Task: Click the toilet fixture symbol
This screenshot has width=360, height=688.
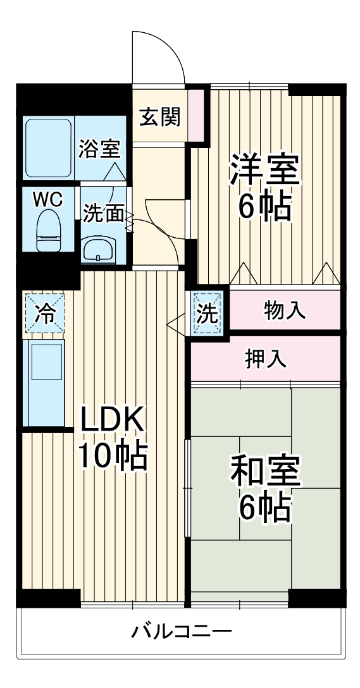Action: [x=48, y=231]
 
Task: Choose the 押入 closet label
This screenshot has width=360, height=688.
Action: [x=266, y=359]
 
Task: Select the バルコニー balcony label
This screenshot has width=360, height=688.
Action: [x=182, y=631]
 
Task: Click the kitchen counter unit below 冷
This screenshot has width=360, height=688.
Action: [x=44, y=383]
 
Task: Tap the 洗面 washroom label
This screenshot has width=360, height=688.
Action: [x=103, y=214]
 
